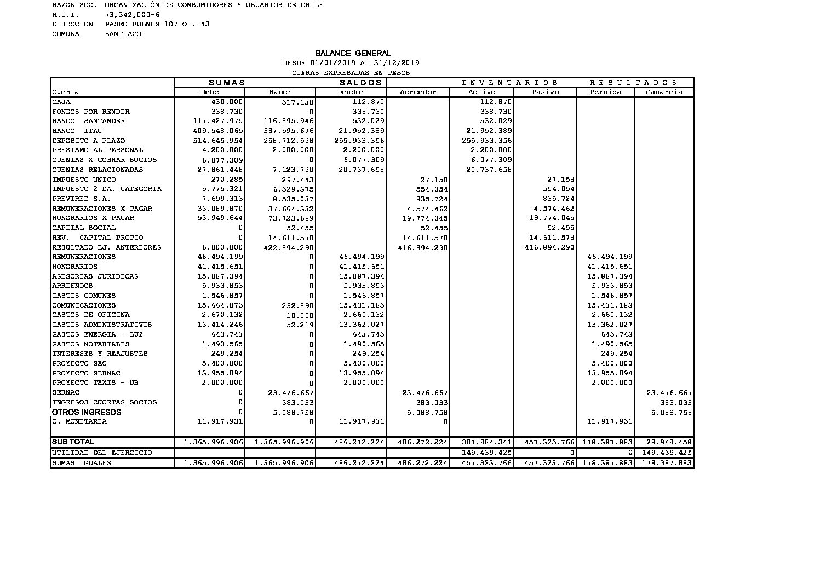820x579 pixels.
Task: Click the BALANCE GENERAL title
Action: pyautogui.click(x=353, y=53)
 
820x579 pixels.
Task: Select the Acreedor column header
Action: pyautogui.click(x=418, y=92)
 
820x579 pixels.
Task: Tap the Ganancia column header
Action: pyautogui.click(x=664, y=92)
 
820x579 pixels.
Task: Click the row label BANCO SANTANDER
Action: pyautogui.click(x=89, y=121)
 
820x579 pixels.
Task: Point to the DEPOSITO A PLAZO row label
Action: pyautogui.click(x=89, y=141)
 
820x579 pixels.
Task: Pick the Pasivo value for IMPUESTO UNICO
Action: pyautogui.click(x=560, y=180)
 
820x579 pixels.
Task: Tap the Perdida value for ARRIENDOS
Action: pyautogui.click(x=612, y=286)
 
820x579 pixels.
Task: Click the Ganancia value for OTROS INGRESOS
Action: pyautogui.click(x=671, y=413)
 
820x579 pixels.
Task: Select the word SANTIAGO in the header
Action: pyautogui.click(x=123, y=34)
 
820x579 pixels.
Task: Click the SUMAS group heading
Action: pyautogui.click(x=226, y=83)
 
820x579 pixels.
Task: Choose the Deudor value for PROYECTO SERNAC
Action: pyautogui.click(x=361, y=373)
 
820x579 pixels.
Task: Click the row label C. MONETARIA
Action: pyautogui.click(x=79, y=422)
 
